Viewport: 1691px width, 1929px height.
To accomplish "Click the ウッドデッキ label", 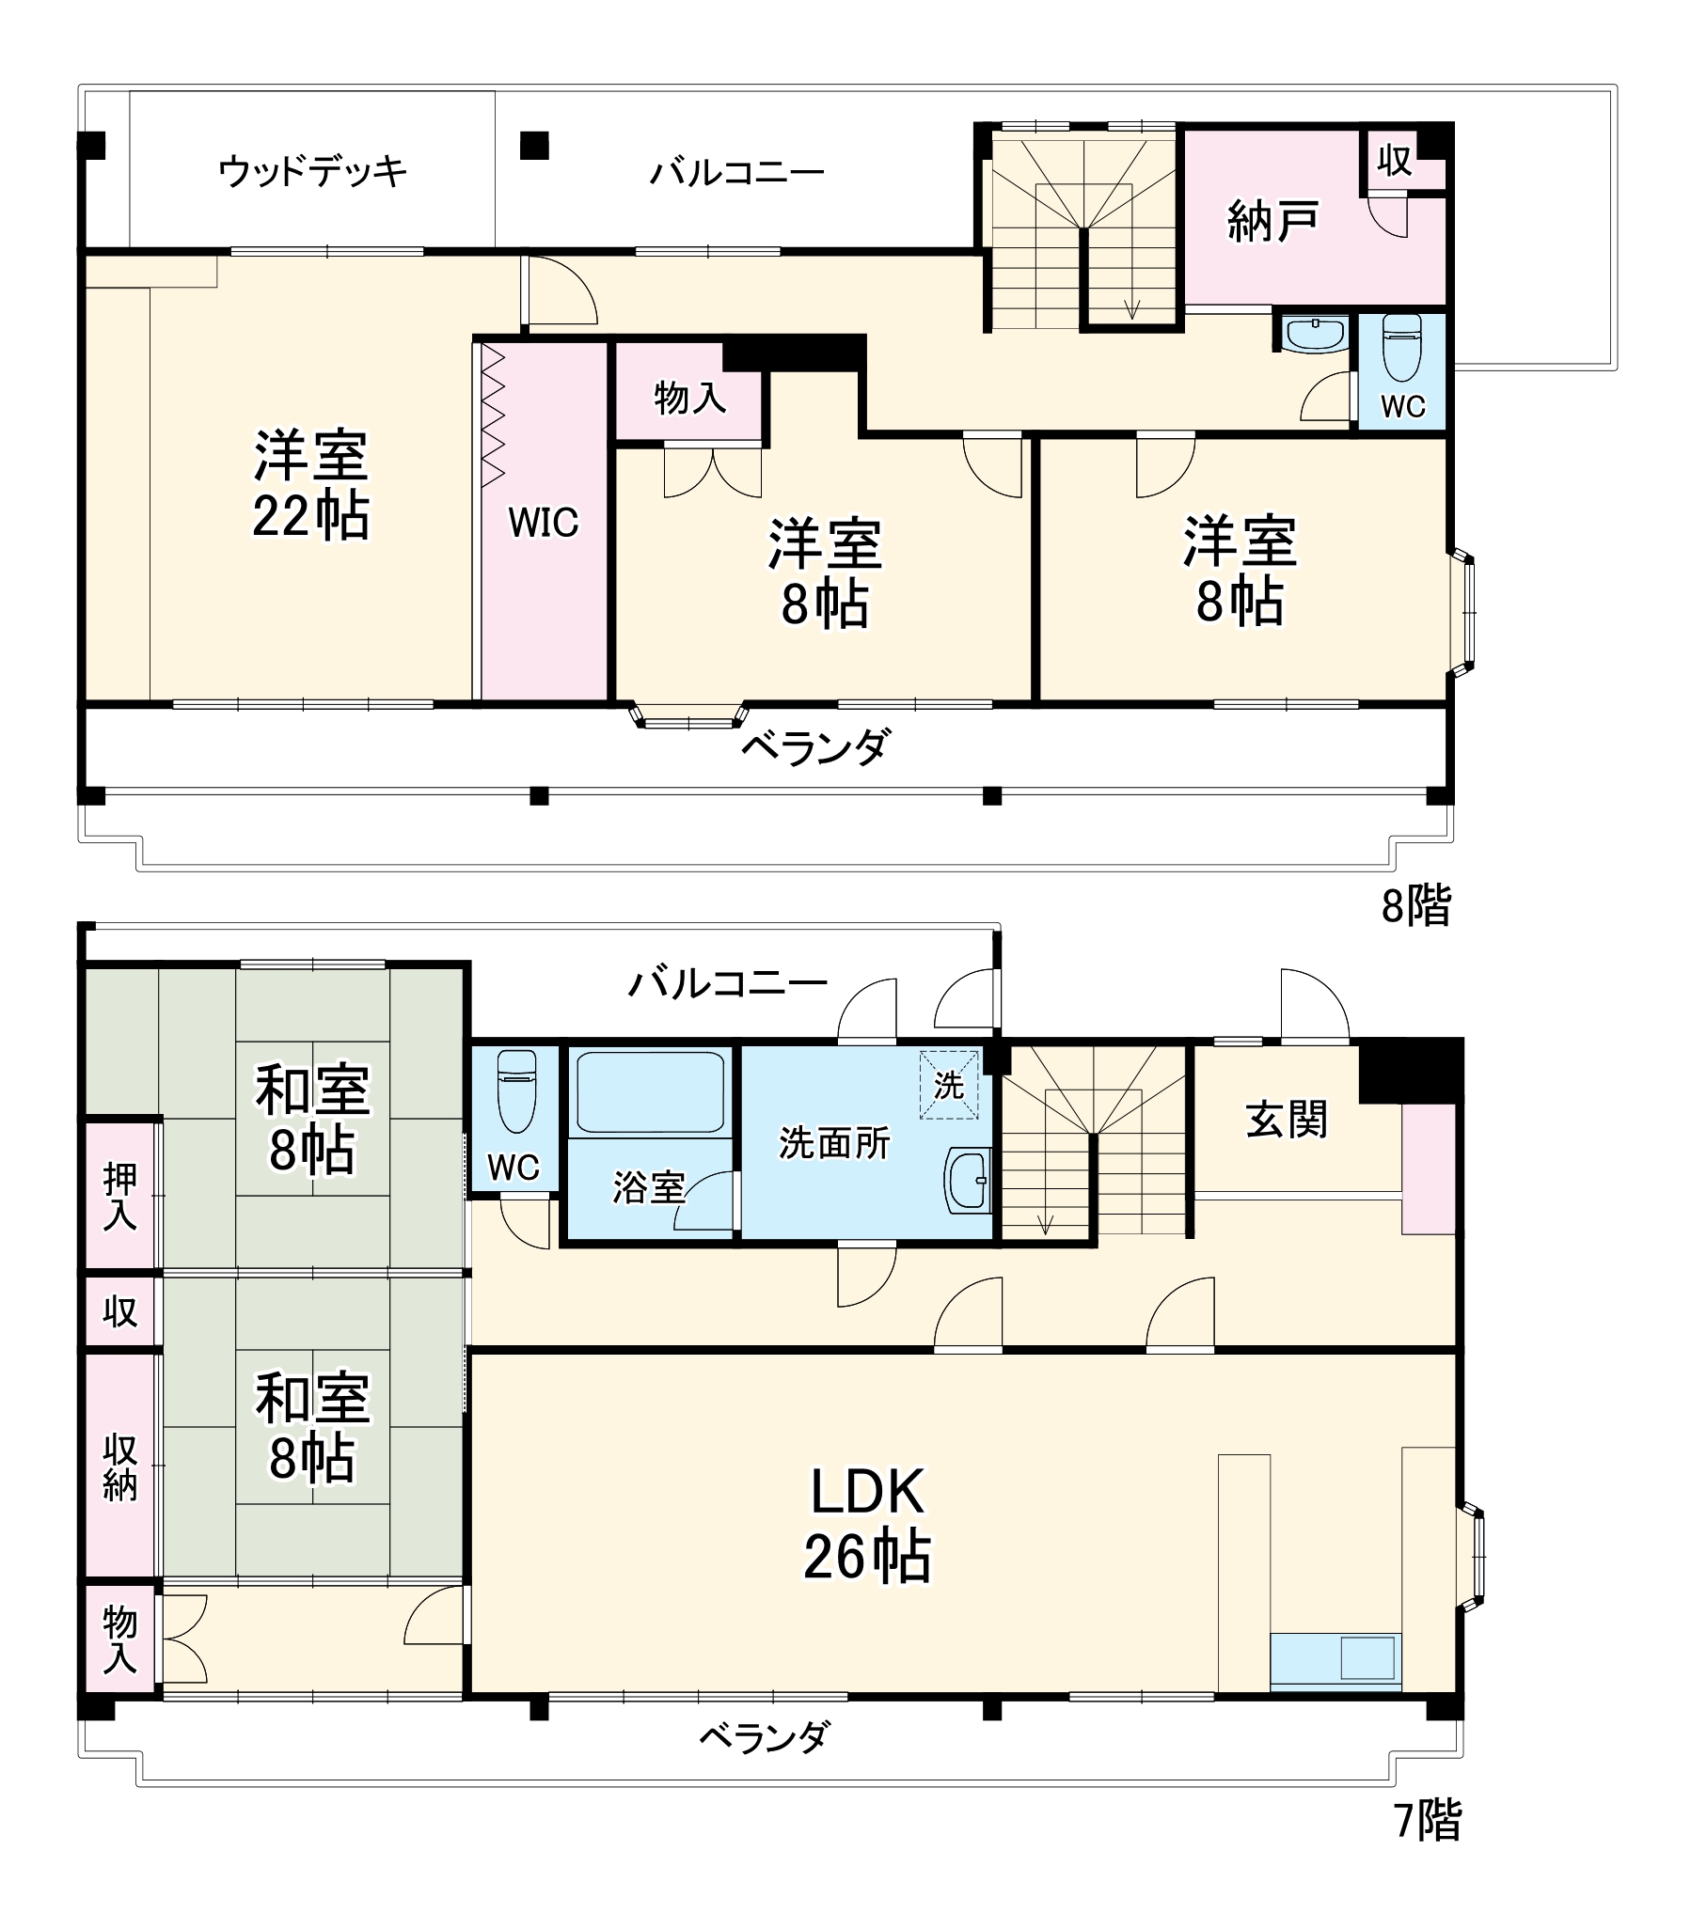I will tap(312, 171).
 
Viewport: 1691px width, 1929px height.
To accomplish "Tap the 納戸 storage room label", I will tap(1272, 222).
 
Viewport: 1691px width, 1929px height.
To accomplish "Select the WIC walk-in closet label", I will tap(543, 522).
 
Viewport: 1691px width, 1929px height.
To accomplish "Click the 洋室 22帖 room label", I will tap(310, 486).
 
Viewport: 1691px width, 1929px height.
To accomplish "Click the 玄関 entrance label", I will tap(1286, 1119).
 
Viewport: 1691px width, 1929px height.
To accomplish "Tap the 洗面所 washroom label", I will tap(834, 1142).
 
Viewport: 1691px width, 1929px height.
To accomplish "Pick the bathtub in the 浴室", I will tap(649, 1091).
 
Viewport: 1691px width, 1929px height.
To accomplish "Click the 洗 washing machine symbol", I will tap(948, 1085).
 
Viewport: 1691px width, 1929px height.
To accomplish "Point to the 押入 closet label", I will tap(119, 1196).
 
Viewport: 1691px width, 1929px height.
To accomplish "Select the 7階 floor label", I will tap(1427, 1821).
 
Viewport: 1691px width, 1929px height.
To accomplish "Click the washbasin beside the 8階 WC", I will tap(1315, 334).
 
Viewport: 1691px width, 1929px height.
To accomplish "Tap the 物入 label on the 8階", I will tap(689, 397).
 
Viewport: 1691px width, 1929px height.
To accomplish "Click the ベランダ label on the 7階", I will tap(765, 1735).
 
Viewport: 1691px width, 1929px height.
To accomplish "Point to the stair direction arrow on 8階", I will tap(1132, 307).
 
